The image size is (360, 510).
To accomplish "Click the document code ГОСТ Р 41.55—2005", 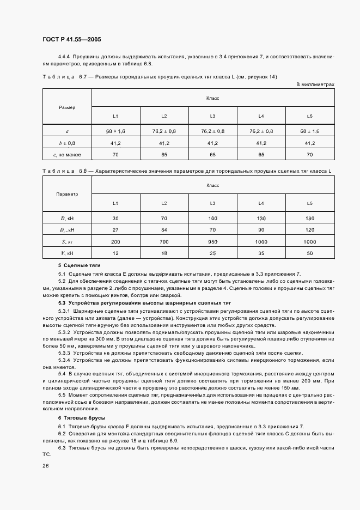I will click(71, 40).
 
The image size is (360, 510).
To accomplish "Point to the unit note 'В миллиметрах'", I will click(315, 84).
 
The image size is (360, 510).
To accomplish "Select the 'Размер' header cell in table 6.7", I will click(67, 107).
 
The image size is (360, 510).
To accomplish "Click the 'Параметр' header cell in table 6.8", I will click(67, 194).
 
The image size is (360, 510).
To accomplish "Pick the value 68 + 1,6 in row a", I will click(115, 131).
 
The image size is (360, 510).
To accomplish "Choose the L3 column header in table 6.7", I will click(212, 116).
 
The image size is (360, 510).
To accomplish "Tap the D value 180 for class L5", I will click(310, 218).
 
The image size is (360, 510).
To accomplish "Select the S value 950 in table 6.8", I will click(212, 241).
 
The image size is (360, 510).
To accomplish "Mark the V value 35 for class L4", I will click(261, 253).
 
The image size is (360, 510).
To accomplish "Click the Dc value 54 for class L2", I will click(164, 230).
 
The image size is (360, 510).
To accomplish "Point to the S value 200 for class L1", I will click(115, 241).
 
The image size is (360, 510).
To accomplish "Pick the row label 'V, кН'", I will click(67, 253).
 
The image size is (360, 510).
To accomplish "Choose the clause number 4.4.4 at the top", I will click(65, 57).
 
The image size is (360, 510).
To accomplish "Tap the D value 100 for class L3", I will click(212, 218).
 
